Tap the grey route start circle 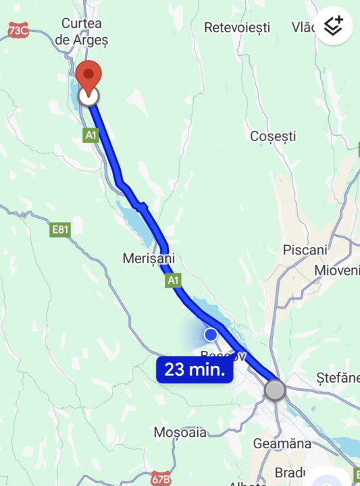click(x=275, y=389)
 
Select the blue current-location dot click(x=211, y=334)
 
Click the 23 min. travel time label click(x=195, y=370)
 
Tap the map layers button click(x=334, y=26)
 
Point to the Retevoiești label click(x=237, y=28)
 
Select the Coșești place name click(x=273, y=136)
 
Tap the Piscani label click(x=305, y=250)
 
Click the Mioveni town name click(x=338, y=270)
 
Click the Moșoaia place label click(x=180, y=432)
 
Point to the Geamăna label click(x=282, y=443)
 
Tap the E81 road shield click(x=60, y=230)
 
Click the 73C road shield click(x=18, y=30)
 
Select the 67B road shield click(x=160, y=478)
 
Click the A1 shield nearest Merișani click(x=173, y=280)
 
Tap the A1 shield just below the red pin click(x=91, y=136)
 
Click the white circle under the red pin click(x=88, y=97)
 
